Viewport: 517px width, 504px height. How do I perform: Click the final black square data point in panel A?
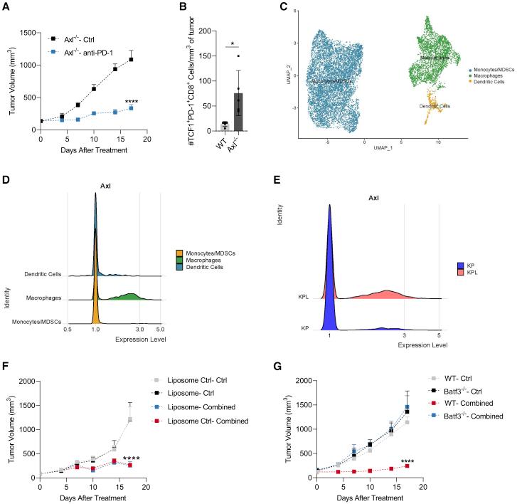[x=132, y=60]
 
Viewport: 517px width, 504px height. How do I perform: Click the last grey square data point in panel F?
[x=130, y=419]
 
